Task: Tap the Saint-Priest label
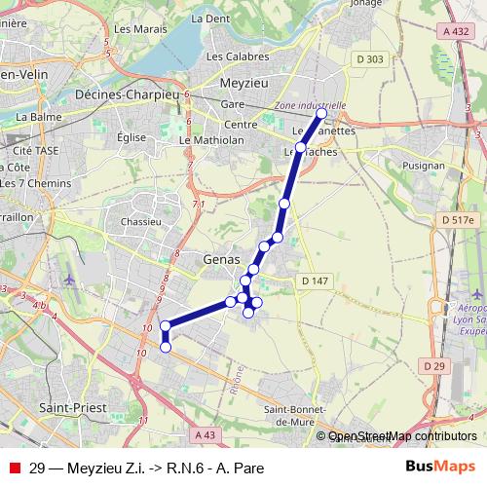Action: coord(66,409)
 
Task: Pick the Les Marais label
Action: coord(134,29)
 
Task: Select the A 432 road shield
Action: coord(454,32)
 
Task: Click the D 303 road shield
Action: coord(370,60)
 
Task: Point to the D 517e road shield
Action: coord(458,220)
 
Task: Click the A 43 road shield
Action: coord(205,434)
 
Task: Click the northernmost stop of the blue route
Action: coord(321,114)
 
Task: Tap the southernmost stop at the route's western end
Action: coord(166,346)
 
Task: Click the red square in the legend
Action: coord(14,467)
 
